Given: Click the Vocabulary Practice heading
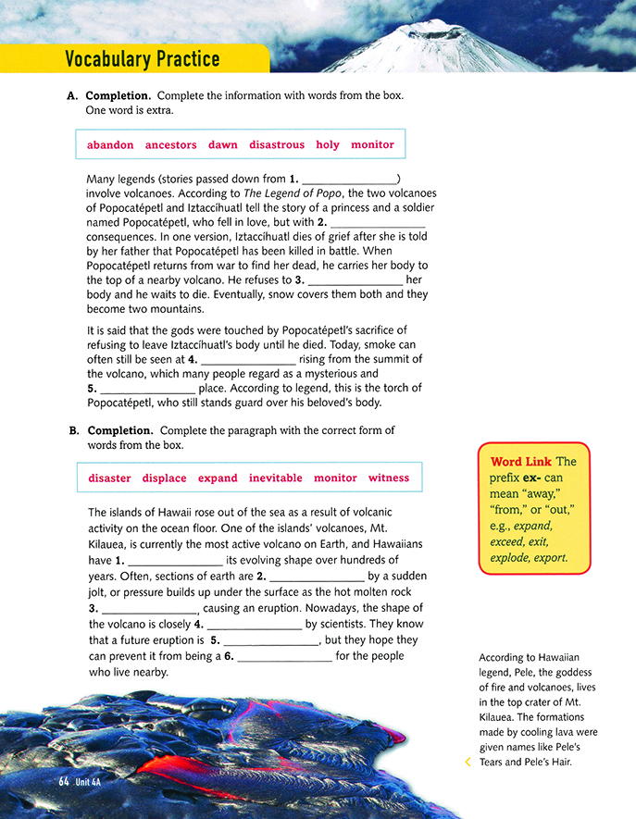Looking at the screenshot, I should [143, 59].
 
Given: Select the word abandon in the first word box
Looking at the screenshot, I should [110, 145].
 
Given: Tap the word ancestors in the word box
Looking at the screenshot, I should [171, 145].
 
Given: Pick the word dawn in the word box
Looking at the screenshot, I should [223, 145].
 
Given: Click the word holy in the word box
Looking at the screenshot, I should [328, 145].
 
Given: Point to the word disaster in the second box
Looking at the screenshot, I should [109, 478].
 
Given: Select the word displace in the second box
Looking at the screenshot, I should [164, 478].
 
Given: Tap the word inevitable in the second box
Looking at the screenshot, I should [276, 478].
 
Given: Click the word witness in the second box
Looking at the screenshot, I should [389, 478].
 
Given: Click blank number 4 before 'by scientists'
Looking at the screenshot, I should [253, 624].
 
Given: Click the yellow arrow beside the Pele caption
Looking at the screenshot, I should [468, 762].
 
